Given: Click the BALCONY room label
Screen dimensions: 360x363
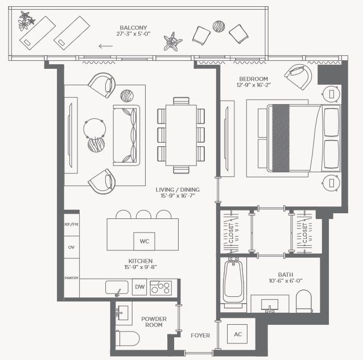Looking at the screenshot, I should click(x=133, y=27).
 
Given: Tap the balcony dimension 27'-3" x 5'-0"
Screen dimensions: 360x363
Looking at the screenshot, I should click(x=133, y=35).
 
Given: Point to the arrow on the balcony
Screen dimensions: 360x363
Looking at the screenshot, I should click(x=105, y=47).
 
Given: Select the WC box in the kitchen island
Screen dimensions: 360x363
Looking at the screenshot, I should click(x=144, y=241).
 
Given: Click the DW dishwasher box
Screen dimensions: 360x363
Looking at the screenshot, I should click(x=139, y=288).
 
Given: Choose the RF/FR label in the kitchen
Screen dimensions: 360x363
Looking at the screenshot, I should click(x=71, y=226).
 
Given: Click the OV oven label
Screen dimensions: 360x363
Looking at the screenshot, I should click(x=71, y=247).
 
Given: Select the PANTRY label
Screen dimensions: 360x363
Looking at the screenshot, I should click(x=71, y=278).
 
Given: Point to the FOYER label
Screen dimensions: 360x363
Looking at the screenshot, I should click(x=200, y=336).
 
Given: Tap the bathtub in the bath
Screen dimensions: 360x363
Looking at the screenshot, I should click(x=233, y=282).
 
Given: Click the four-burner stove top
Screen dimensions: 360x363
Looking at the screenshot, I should click(x=160, y=288).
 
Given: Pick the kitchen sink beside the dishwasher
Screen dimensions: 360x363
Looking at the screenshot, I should click(x=117, y=288).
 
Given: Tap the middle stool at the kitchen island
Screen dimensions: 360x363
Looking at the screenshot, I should click(x=143, y=214).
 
